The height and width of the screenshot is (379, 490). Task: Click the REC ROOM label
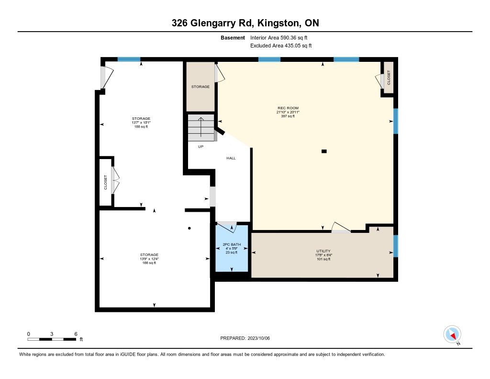tap(288, 108)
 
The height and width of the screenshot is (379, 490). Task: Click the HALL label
tap(231, 158)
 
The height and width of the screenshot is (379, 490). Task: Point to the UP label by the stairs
tap(201, 147)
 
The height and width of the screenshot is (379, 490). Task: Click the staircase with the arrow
tap(201, 128)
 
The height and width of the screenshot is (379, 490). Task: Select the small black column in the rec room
tap(324, 151)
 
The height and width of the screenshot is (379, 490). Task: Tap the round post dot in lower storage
tap(189, 228)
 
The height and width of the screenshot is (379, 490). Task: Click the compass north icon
tap(452, 334)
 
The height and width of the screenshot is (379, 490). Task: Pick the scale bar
tap(52, 339)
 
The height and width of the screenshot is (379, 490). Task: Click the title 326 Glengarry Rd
tap(245, 23)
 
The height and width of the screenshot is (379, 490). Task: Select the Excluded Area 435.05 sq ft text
tap(281, 46)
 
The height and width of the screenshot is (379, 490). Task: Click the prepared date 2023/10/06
tap(248, 338)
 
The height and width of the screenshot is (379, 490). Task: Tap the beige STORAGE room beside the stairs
tap(200, 87)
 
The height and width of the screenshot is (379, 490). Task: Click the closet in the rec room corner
tap(389, 78)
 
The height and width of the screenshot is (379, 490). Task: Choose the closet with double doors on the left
tap(106, 182)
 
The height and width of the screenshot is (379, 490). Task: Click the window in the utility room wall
tap(396, 246)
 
